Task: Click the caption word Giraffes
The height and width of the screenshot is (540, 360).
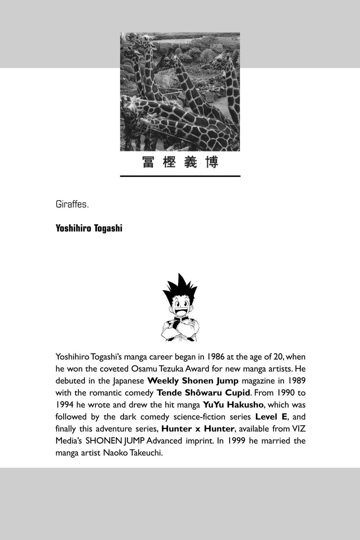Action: tap(72, 205)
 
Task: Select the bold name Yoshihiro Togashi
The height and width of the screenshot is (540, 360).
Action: tap(89, 228)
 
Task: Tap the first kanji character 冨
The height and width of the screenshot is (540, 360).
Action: tap(148, 162)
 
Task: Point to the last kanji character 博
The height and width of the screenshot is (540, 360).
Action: tap(212, 162)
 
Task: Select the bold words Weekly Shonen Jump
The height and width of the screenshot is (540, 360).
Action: tap(193, 381)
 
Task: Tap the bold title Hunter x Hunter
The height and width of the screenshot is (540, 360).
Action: tap(198, 429)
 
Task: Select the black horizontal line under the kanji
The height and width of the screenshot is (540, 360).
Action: tap(180, 176)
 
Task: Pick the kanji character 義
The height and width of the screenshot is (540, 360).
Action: tap(191, 162)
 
